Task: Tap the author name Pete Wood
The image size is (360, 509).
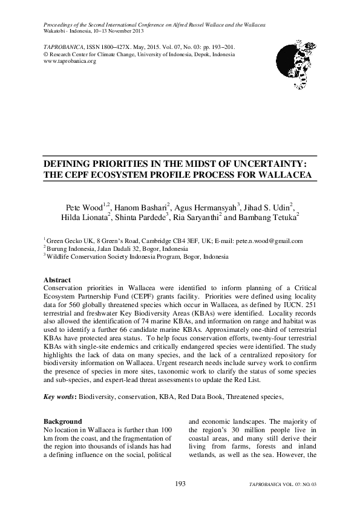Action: point(84,208)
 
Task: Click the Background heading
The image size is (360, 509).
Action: point(62,421)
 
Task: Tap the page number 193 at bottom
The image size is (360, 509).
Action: point(180,483)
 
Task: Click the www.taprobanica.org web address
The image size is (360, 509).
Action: point(70,61)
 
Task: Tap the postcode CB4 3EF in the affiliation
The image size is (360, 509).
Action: point(185,241)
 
